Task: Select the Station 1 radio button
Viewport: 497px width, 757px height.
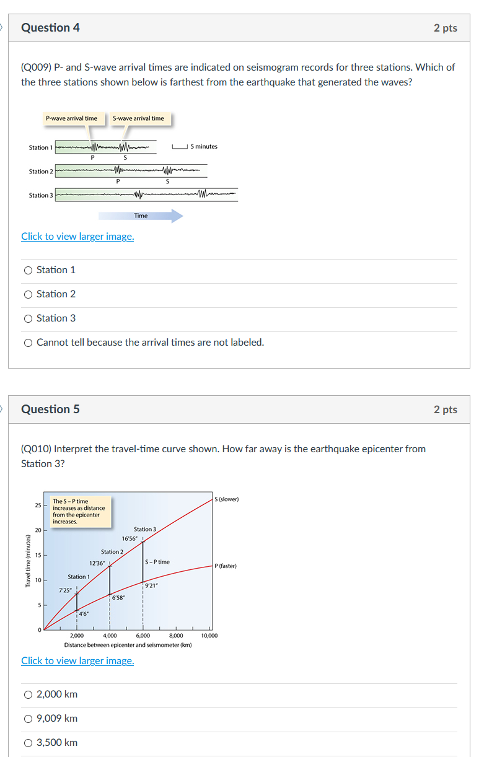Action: tap(28, 270)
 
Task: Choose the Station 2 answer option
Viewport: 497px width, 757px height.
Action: tap(28, 294)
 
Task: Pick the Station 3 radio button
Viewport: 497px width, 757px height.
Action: tap(28, 318)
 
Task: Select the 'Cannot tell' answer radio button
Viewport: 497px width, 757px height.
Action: tap(28, 343)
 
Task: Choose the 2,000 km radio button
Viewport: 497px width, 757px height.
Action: tap(28, 694)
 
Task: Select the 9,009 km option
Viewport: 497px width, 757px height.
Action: tap(28, 719)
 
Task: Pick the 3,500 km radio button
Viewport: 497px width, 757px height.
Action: tap(28, 743)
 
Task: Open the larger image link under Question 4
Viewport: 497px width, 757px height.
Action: tap(77, 236)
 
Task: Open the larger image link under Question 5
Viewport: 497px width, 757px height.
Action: tap(77, 660)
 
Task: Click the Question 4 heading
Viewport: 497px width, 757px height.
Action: tap(50, 28)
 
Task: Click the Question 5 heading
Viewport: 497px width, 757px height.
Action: tap(50, 409)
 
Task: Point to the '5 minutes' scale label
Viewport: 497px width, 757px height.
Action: tap(204, 147)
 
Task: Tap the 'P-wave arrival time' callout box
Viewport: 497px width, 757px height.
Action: tap(71, 118)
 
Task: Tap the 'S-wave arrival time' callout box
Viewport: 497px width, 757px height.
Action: tap(139, 118)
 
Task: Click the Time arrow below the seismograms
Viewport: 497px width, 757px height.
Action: tap(141, 216)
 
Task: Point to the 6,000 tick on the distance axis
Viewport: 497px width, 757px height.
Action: tap(143, 636)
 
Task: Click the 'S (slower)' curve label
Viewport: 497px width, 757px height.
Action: tap(226, 499)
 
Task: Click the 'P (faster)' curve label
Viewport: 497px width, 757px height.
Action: tap(226, 566)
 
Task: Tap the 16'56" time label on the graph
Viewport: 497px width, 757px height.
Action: tap(130, 539)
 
